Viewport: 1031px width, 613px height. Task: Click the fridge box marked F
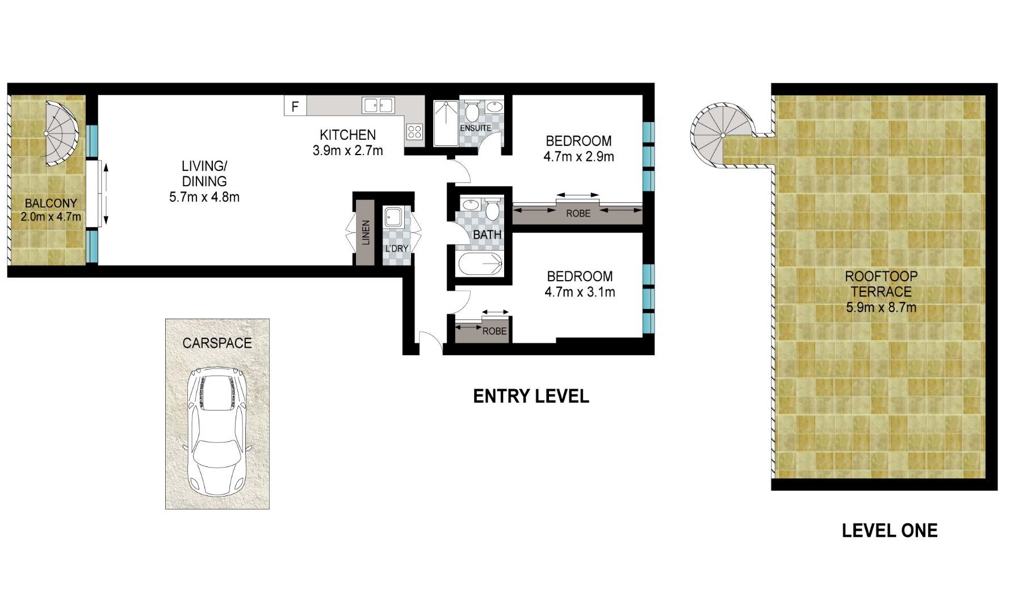295,106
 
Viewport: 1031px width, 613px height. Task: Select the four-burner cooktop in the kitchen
414,132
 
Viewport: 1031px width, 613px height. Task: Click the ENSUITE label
475,128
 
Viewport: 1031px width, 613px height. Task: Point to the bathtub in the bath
480,264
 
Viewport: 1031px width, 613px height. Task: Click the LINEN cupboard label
366,232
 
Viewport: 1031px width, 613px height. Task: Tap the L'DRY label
396,249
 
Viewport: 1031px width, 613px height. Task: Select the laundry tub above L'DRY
393,217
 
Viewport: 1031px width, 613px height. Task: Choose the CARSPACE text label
217,343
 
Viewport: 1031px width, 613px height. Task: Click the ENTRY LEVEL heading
531,397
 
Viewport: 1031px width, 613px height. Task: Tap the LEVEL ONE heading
889,531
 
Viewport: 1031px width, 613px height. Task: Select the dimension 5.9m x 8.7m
881,308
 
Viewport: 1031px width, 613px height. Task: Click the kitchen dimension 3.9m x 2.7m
347,151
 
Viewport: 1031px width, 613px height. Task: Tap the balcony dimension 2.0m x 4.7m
51,217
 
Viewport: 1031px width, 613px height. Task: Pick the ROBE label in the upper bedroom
578,214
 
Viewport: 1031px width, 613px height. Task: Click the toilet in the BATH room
492,210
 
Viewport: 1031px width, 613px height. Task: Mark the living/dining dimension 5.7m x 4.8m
204,197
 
